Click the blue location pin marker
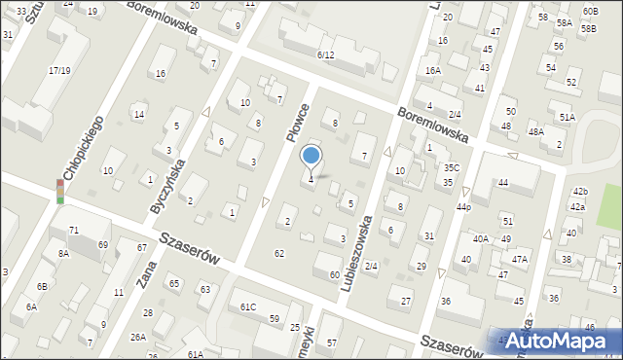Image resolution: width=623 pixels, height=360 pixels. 311,156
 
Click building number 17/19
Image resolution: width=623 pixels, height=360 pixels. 59,70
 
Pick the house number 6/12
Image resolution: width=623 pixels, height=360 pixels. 325,55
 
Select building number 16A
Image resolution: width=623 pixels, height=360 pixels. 433,70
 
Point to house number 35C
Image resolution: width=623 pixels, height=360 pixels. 452,167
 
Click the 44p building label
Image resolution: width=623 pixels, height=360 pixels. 463,207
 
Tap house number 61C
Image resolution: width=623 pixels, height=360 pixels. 248,307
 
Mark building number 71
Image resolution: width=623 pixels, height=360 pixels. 74,230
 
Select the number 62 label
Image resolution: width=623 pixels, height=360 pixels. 279,253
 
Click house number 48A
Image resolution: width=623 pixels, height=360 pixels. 535,131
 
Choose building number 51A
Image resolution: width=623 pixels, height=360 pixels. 567,117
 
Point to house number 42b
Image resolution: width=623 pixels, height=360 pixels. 580,191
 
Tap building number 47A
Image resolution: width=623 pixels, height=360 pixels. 520,259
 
